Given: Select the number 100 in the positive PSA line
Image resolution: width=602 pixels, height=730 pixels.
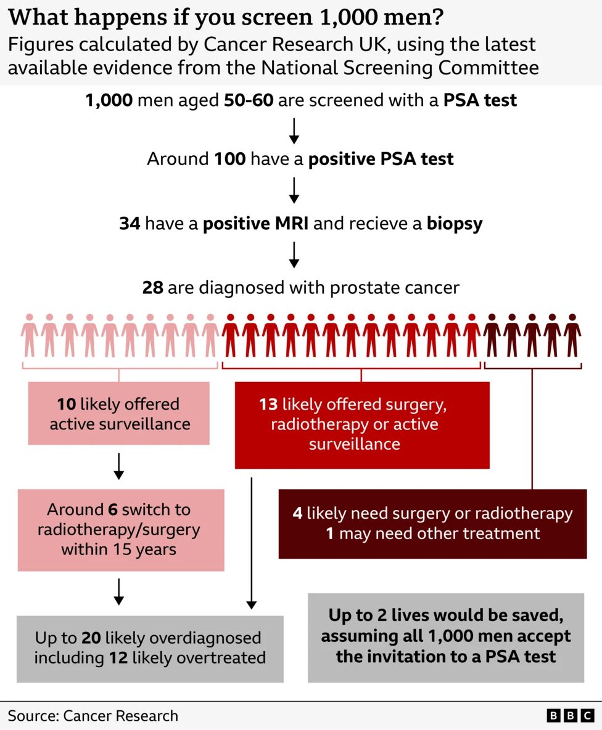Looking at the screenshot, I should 230,159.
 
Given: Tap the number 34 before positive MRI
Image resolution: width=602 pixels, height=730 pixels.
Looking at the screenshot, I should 130,223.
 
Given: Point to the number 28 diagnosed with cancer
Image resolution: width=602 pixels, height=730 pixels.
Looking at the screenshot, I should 152,288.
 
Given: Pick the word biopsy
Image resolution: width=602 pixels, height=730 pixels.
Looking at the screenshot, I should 455,223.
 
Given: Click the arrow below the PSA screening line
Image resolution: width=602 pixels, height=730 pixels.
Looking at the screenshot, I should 294,129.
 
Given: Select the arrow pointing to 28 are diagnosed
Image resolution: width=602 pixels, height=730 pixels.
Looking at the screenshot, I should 294,255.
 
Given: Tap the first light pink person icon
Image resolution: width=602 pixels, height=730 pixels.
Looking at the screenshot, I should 29,335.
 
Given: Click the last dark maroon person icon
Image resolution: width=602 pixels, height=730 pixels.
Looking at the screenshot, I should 572,335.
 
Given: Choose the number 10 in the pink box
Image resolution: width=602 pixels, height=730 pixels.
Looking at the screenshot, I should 67,405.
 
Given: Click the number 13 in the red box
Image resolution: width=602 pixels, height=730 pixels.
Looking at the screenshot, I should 268,405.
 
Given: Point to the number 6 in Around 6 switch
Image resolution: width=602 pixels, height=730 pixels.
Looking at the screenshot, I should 112,510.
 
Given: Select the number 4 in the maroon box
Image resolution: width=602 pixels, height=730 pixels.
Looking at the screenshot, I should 298,513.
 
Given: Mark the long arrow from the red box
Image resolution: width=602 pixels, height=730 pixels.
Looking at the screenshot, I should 252,542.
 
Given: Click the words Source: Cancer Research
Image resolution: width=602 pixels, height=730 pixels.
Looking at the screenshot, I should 93,716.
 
